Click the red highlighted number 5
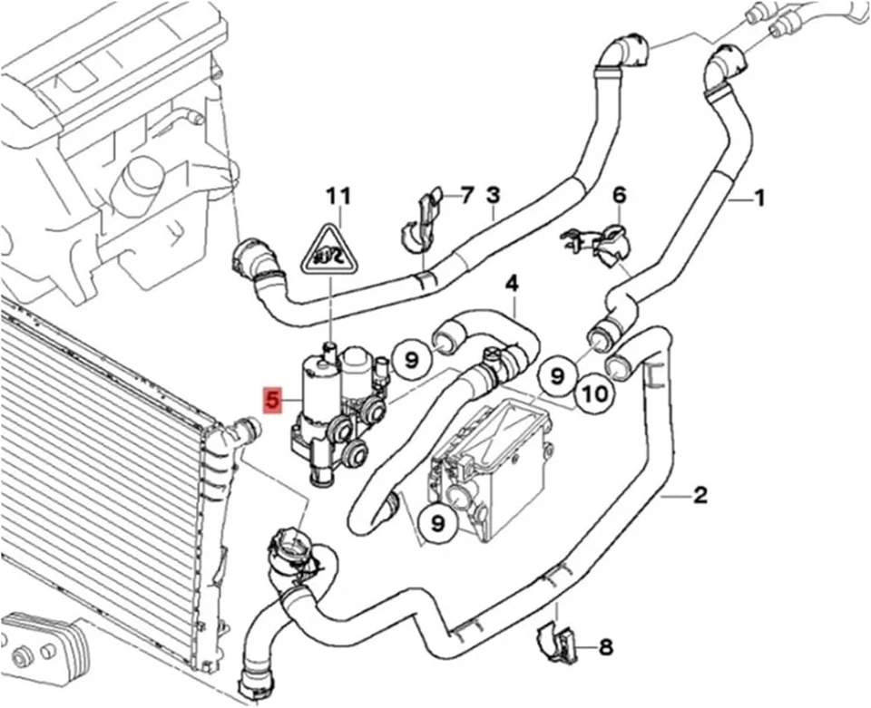tap(271, 400)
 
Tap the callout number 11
tap(338, 195)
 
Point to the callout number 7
tap(467, 194)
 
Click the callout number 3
tap(493, 194)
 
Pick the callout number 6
tap(620, 194)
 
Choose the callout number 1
tap(760, 195)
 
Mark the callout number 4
tap(512, 283)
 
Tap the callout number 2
tap(700, 495)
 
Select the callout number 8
tap(605, 647)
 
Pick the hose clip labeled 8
tap(555, 641)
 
